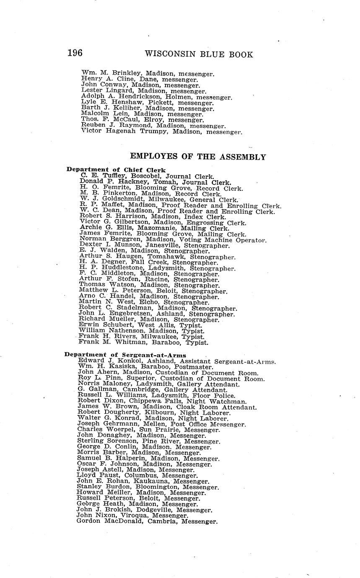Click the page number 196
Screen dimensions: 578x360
75,53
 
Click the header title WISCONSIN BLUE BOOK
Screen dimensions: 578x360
199,54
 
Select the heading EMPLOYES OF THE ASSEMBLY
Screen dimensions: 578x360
198,157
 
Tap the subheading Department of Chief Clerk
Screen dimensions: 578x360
116,170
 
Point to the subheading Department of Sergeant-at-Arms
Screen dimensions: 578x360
125,355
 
